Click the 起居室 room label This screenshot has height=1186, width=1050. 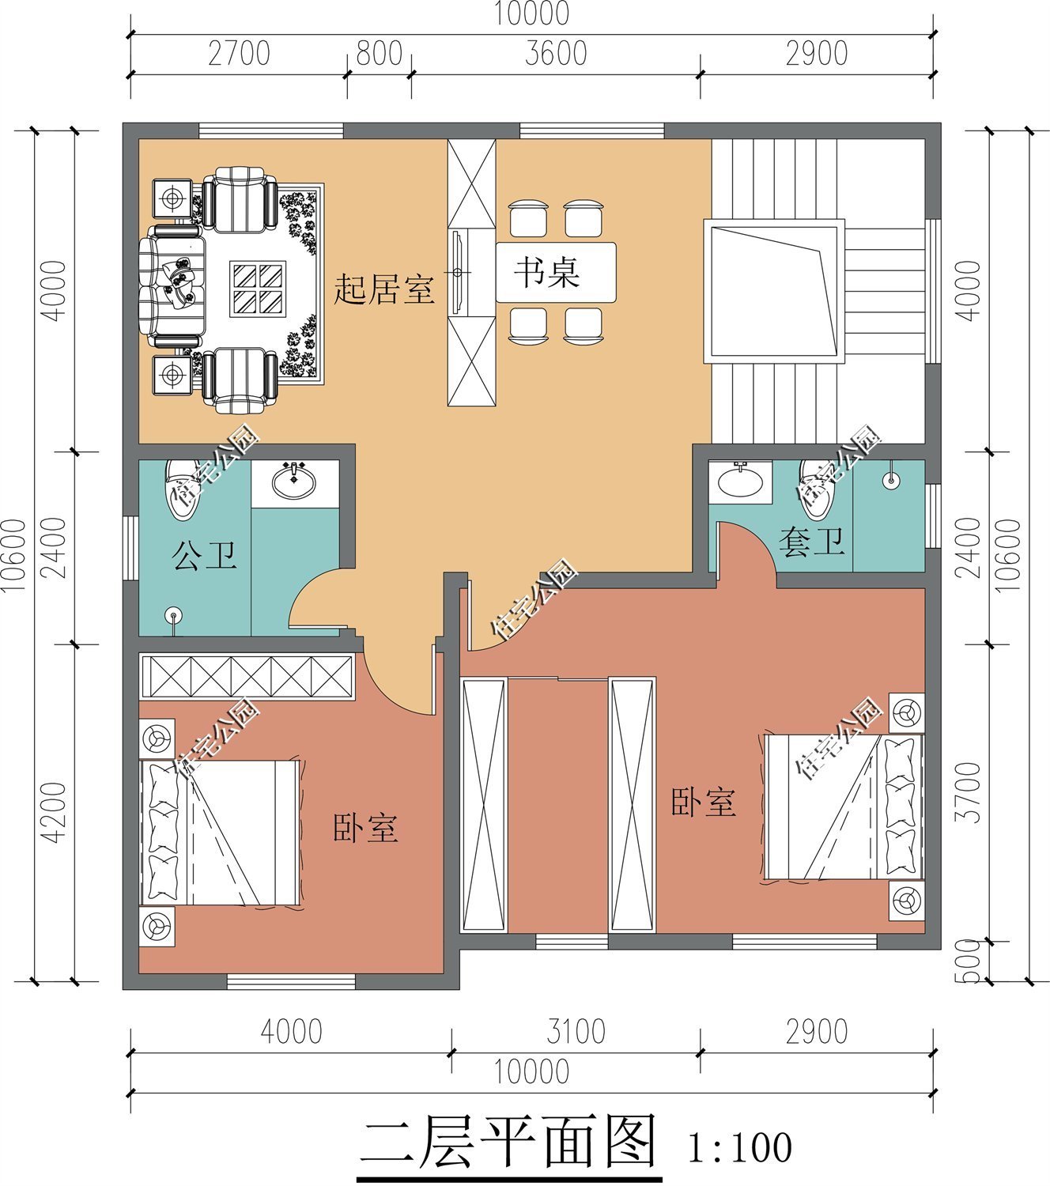click(383, 289)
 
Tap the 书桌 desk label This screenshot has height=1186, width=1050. click(547, 272)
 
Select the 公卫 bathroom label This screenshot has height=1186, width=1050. click(204, 556)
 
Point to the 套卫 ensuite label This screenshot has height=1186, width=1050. click(812, 542)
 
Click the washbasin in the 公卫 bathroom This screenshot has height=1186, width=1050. click(294, 481)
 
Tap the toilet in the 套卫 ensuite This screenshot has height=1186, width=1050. click(816, 489)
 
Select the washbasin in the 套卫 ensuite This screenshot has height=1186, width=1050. click(740, 480)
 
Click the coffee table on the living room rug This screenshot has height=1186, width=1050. click(258, 289)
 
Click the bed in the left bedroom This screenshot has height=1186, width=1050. click(220, 833)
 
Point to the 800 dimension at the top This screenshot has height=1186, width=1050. click(379, 55)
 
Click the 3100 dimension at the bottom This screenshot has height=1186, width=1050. click(576, 1032)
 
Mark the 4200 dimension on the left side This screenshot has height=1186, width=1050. click(53, 812)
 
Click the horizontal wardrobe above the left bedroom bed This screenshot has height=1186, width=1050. click(245, 676)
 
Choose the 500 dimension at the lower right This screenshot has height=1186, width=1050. click(971, 961)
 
